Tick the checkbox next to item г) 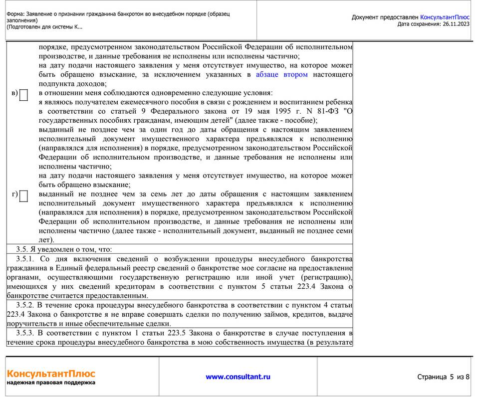tap(23, 196)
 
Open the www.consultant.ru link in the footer tap(238, 377)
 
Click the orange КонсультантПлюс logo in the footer tap(51, 374)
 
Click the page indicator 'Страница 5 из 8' tap(443, 377)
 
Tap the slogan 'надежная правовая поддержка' tap(51, 383)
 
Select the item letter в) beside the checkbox tap(14, 93)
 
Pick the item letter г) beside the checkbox tap(14, 194)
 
